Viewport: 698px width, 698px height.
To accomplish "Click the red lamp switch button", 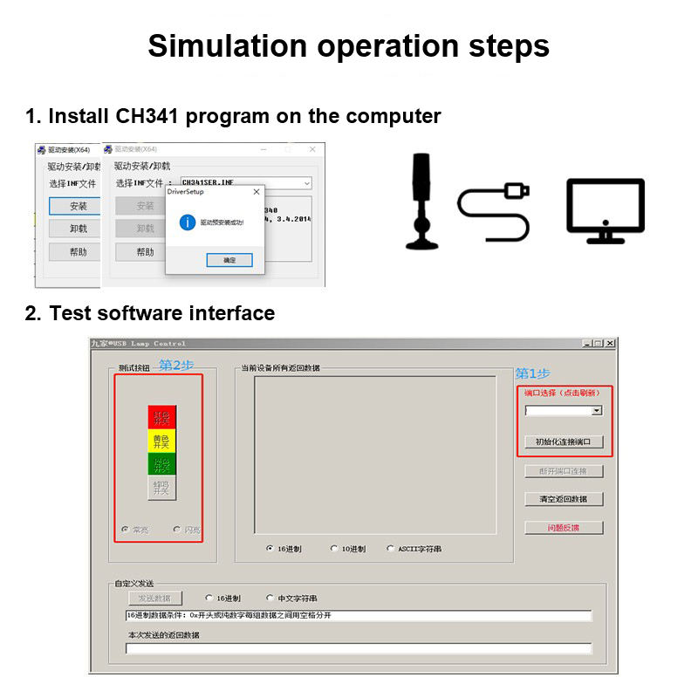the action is pos(161,417).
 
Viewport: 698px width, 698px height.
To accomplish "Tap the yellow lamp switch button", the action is pos(161,441).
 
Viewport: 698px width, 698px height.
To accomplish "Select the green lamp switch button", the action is pos(161,463).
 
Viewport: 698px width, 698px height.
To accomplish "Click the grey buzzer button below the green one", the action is pos(161,488).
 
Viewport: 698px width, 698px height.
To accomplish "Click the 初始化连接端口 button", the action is pos(564,441).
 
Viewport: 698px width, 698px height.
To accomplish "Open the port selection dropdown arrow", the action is pos(597,410).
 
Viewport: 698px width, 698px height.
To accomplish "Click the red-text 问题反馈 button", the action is pos(564,527).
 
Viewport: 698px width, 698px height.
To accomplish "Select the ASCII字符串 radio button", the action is pos(390,549).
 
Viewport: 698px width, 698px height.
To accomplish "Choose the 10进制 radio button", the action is pos(334,549).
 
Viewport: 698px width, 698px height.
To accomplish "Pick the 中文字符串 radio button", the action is pos(270,598).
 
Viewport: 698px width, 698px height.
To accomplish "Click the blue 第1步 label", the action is pos(533,373).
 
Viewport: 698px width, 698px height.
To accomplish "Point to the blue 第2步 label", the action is pos(176,365).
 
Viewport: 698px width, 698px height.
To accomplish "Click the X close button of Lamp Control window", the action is pos(610,344).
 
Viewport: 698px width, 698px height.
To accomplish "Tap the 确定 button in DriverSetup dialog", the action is pos(229,260).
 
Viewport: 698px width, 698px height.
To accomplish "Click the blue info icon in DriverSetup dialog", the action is pos(186,222).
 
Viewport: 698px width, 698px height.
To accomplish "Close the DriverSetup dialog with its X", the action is pos(256,191).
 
